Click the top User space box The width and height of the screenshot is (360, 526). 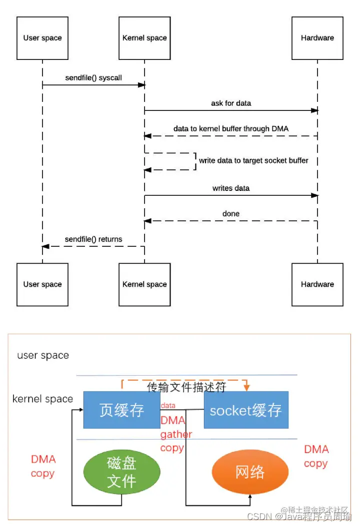[x=42, y=38]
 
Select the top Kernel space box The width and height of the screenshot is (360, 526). [x=144, y=38]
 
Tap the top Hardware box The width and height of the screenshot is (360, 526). [x=317, y=38]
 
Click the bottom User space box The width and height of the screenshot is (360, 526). [x=42, y=284]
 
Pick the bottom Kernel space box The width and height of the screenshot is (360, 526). [x=144, y=284]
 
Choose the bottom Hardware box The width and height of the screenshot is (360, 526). [x=317, y=284]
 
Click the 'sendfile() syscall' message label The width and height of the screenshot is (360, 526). [x=93, y=78]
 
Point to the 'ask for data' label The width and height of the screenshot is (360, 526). [x=231, y=103]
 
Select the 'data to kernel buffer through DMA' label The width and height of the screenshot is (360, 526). [x=231, y=129]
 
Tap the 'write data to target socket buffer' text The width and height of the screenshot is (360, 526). [x=253, y=161]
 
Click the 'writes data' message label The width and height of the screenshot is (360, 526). [x=231, y=188]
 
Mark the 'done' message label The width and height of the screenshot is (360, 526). [x=231, y=214]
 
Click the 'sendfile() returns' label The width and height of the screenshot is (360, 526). [x=93, y=239]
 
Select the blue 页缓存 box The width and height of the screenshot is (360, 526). [x=121, y=410]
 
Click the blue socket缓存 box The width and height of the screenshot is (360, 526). [x=246, y=410]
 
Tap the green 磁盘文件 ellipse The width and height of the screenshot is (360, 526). [x=122, y=472]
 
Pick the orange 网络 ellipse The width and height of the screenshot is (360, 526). [x=249, y=472]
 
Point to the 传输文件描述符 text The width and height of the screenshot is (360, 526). [x=186, y=387]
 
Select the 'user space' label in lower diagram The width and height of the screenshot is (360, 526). [x=43, y=356]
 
